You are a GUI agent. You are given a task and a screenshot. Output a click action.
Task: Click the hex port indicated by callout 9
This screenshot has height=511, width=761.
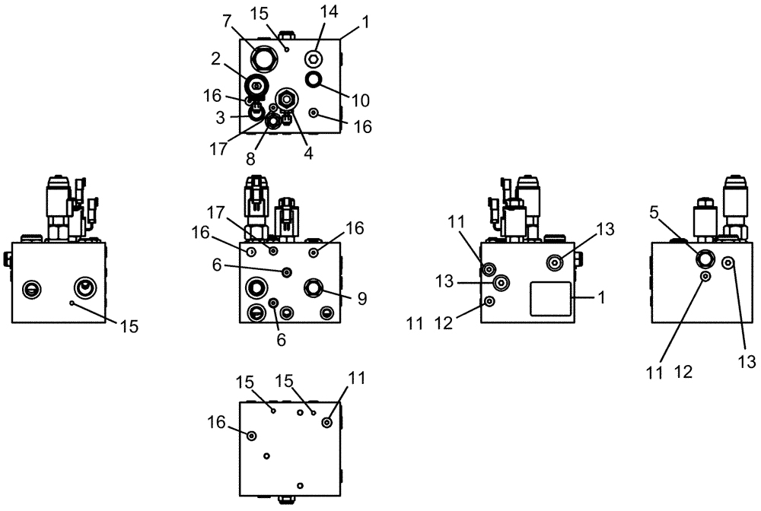pyautogui.click(x=314, y=287)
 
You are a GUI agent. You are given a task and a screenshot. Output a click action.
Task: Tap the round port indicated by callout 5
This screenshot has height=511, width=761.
pyautogui.click(x=704, y=259)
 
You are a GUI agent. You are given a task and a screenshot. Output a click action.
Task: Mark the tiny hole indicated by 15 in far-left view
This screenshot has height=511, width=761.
pyautogui.click(x=71, y=303)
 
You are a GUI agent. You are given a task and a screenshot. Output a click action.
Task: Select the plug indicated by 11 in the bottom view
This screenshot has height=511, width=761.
pyautogui.click(x=327, y=423)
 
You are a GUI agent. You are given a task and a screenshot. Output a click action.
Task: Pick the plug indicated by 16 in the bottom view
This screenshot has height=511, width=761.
pyautogui.click(x=252, y=435)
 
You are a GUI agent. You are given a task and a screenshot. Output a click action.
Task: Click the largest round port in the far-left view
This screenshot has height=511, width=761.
pyautogui.click(x=83, y=288)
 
